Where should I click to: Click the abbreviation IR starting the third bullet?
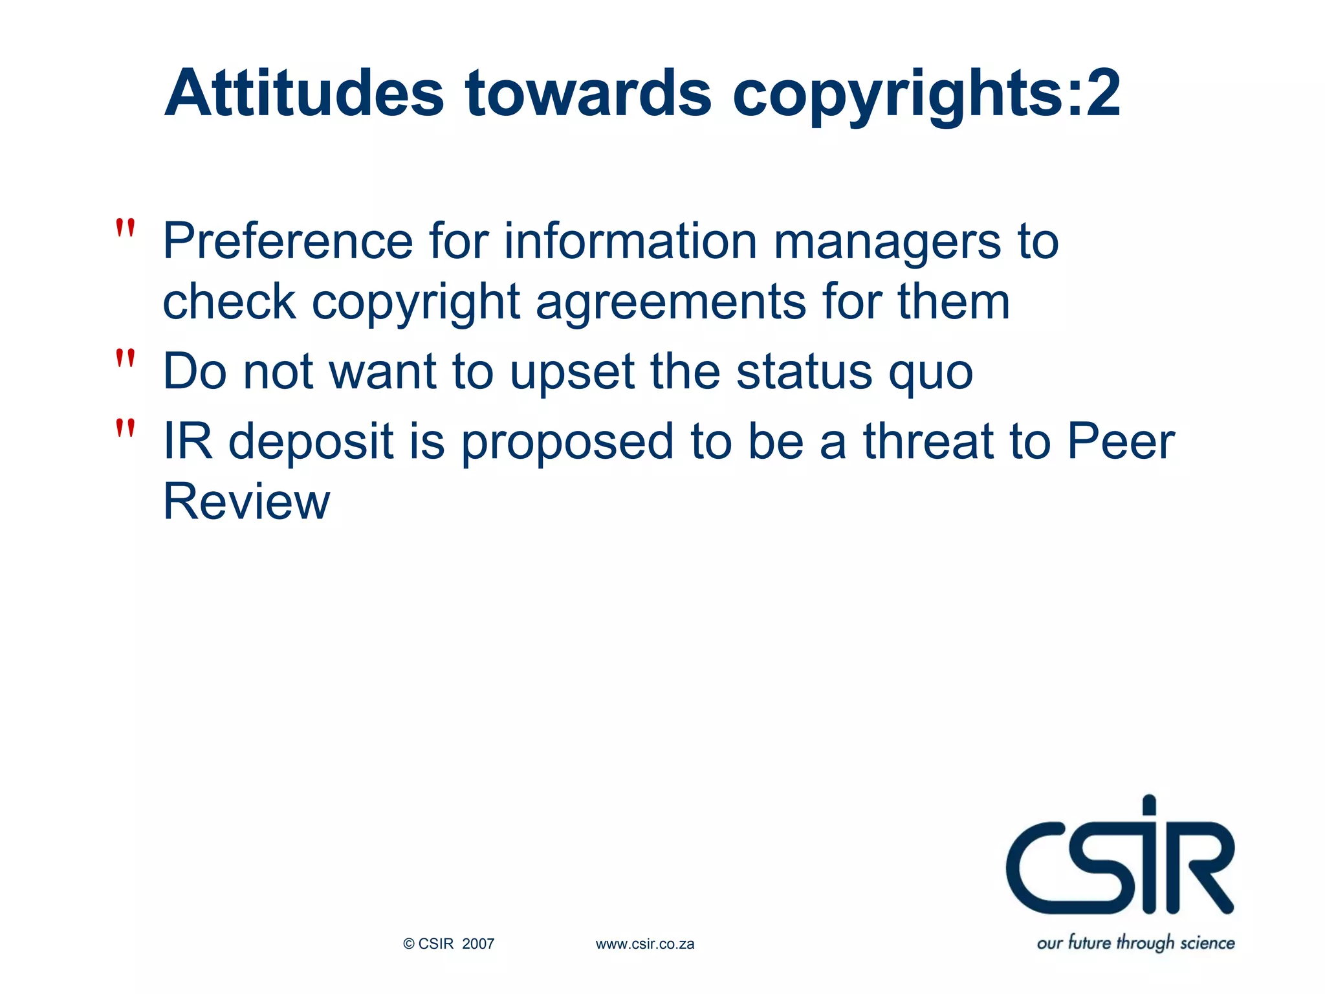188,441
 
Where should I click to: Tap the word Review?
246,502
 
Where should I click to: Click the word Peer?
1121,441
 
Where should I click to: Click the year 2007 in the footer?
478,944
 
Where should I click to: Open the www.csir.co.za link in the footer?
645,944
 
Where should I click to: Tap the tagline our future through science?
1135,943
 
